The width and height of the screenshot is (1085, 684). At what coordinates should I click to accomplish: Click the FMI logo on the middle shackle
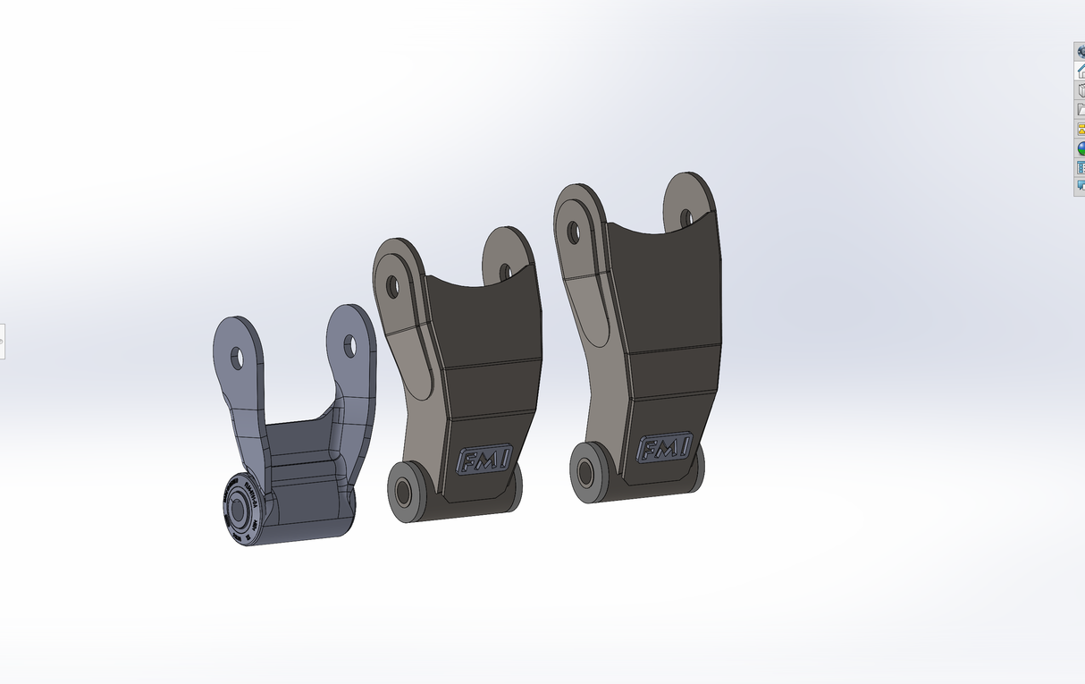(x=484, y=460)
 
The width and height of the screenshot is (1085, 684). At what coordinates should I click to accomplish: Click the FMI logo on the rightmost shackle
(x=665, y=447)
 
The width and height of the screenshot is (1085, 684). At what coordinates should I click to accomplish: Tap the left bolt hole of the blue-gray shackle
(x=238, y=359)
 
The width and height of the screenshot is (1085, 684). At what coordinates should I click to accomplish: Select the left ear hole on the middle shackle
(x=391, y=286)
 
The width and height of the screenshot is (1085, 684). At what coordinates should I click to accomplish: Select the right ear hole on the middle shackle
(x=505, y=271)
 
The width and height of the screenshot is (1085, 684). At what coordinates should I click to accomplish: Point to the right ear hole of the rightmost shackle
(x=686, y=217)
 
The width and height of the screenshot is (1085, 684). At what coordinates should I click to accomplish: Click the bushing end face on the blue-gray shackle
(x=237, y=516)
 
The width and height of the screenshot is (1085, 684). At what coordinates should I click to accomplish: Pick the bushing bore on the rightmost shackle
(x=586, y=471)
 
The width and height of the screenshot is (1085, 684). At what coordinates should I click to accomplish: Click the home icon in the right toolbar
(x=1080, y=71)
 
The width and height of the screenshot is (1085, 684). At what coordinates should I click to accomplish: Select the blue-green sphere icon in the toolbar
(x=1080, y=148)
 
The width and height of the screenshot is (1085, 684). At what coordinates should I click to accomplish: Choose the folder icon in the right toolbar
(x=1080, y=109)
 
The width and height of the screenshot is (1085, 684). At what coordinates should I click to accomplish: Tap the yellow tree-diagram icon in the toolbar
(x=1080, y=129)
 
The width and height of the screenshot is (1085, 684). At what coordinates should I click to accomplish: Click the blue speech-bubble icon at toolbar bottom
(x=1080, y=186)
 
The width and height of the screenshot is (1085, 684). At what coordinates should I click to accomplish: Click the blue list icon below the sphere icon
(x=1080, y=167)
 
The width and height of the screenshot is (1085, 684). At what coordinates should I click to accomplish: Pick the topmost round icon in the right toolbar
(x=1080, y=52)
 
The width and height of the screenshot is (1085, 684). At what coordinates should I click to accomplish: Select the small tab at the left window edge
(x=3, y=341)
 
